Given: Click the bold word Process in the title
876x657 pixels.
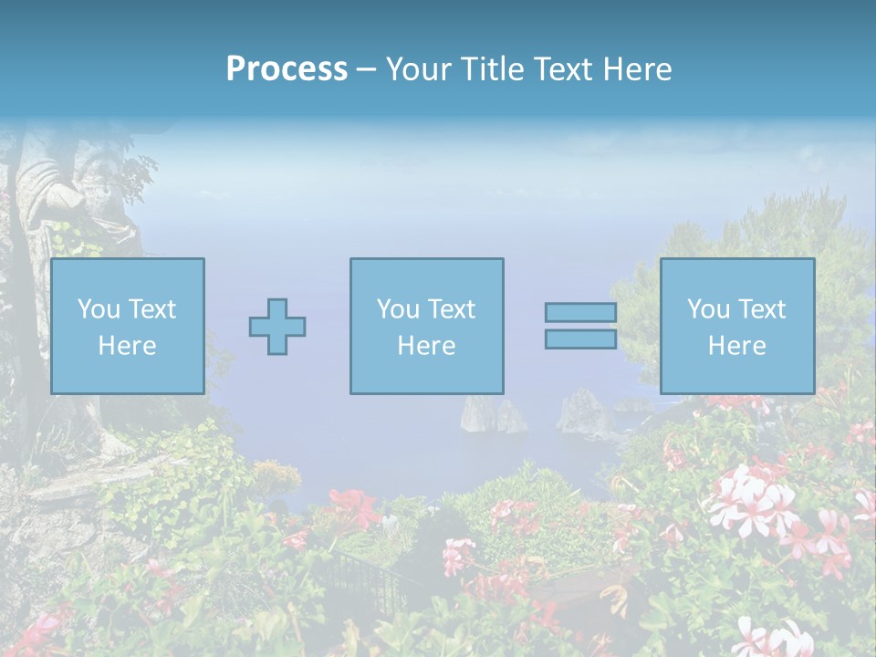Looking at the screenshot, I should [x=287, y=69].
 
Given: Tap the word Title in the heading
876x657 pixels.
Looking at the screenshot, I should [x=492, y=69].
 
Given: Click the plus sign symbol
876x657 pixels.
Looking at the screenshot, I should [x=277, y=327].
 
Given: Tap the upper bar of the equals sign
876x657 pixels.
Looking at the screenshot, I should [x=580, y=312].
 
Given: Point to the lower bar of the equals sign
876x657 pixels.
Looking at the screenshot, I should [x=580, y=339].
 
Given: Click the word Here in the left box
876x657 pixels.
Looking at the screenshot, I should [x=127, y=346].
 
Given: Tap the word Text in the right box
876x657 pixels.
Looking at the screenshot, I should [x=763, y=309].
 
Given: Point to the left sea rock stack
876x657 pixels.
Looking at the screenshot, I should [x=482, y=415].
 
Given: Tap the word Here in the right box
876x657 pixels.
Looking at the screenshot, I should [x=736, y=346].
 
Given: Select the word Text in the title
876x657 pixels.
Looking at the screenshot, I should [x=564, y=69].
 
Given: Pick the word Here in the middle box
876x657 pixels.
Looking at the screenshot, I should [x=426, y=346].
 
